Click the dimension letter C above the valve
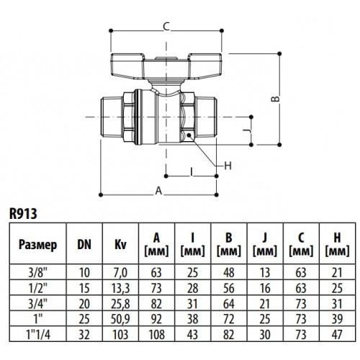coord(166,27)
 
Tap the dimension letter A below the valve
coord(159,191)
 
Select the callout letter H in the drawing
coord(228,166)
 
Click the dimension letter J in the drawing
coord(246,131)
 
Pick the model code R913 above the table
coord(23,213)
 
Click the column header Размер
coord(38,245)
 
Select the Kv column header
coord(120,245)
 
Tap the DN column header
coord(84,245)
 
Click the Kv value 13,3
coord(120,288)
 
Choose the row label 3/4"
coord(38,304)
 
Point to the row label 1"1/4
coord(38,334)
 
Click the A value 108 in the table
coord(157,335)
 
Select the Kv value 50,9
coord(120,319)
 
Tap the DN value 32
coord(84,335)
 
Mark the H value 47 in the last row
coord(337,335)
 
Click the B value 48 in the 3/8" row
coord(229,273)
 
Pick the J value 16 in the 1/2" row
coord(265,288)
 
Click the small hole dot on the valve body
coord(189,135)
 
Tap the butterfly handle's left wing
coord(127,65)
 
